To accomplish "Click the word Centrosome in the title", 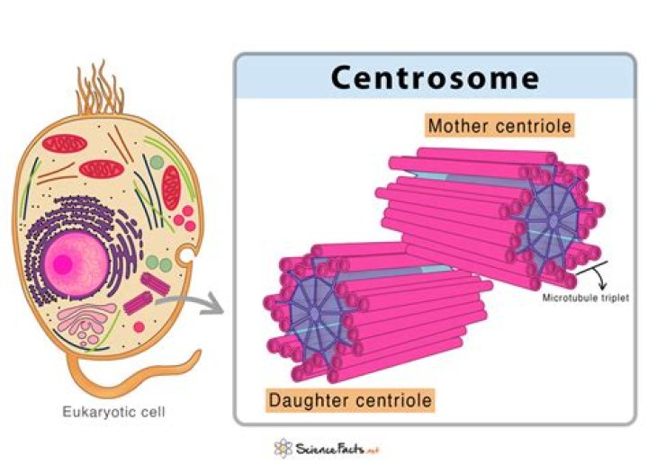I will click(435, 78).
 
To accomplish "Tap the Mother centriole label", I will click(499, 125).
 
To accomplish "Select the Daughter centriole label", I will click(350, 398).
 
